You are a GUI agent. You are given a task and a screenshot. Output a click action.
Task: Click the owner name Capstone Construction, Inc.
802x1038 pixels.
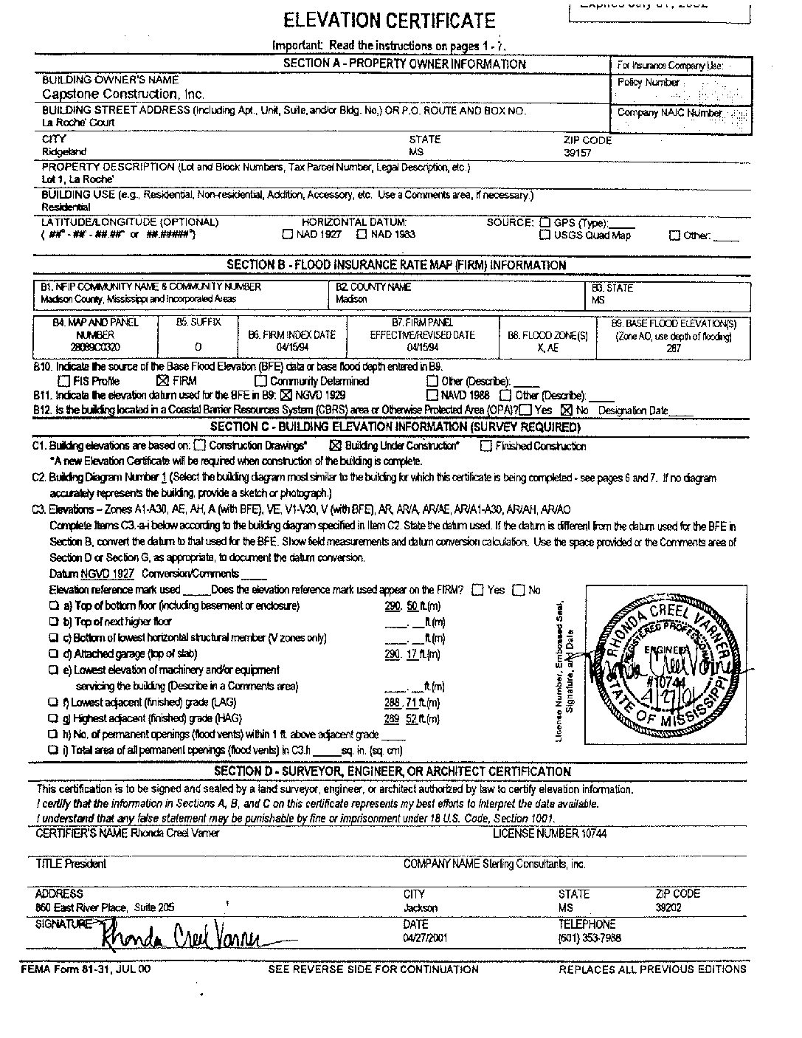[x=123, y=94]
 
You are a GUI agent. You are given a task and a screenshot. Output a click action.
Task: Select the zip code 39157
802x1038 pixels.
[x=577, y=153]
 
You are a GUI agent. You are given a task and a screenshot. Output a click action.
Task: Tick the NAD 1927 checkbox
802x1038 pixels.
[x=288, y=235]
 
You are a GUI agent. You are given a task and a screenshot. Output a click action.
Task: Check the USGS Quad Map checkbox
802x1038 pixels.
[x=545, y=236]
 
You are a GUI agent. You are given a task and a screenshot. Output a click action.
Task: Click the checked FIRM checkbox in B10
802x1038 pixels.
[x=163, y=381]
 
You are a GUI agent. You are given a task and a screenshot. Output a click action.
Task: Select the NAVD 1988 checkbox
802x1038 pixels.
[x=432, y=395]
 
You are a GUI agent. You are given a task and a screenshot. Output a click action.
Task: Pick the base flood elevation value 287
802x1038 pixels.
[x=673, y=348]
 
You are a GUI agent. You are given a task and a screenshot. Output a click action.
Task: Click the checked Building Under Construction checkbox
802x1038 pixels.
[x=335, y=445]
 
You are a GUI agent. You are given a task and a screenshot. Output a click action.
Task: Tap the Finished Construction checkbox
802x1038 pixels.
[x=486, y=445]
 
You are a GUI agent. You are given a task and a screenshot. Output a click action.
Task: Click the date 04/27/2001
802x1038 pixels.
[x=426, y=938]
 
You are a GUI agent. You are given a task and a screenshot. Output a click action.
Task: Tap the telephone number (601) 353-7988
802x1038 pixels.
[x=590, y=938]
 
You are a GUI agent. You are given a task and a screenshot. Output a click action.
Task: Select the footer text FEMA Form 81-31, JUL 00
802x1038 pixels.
[x=86, y=969]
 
